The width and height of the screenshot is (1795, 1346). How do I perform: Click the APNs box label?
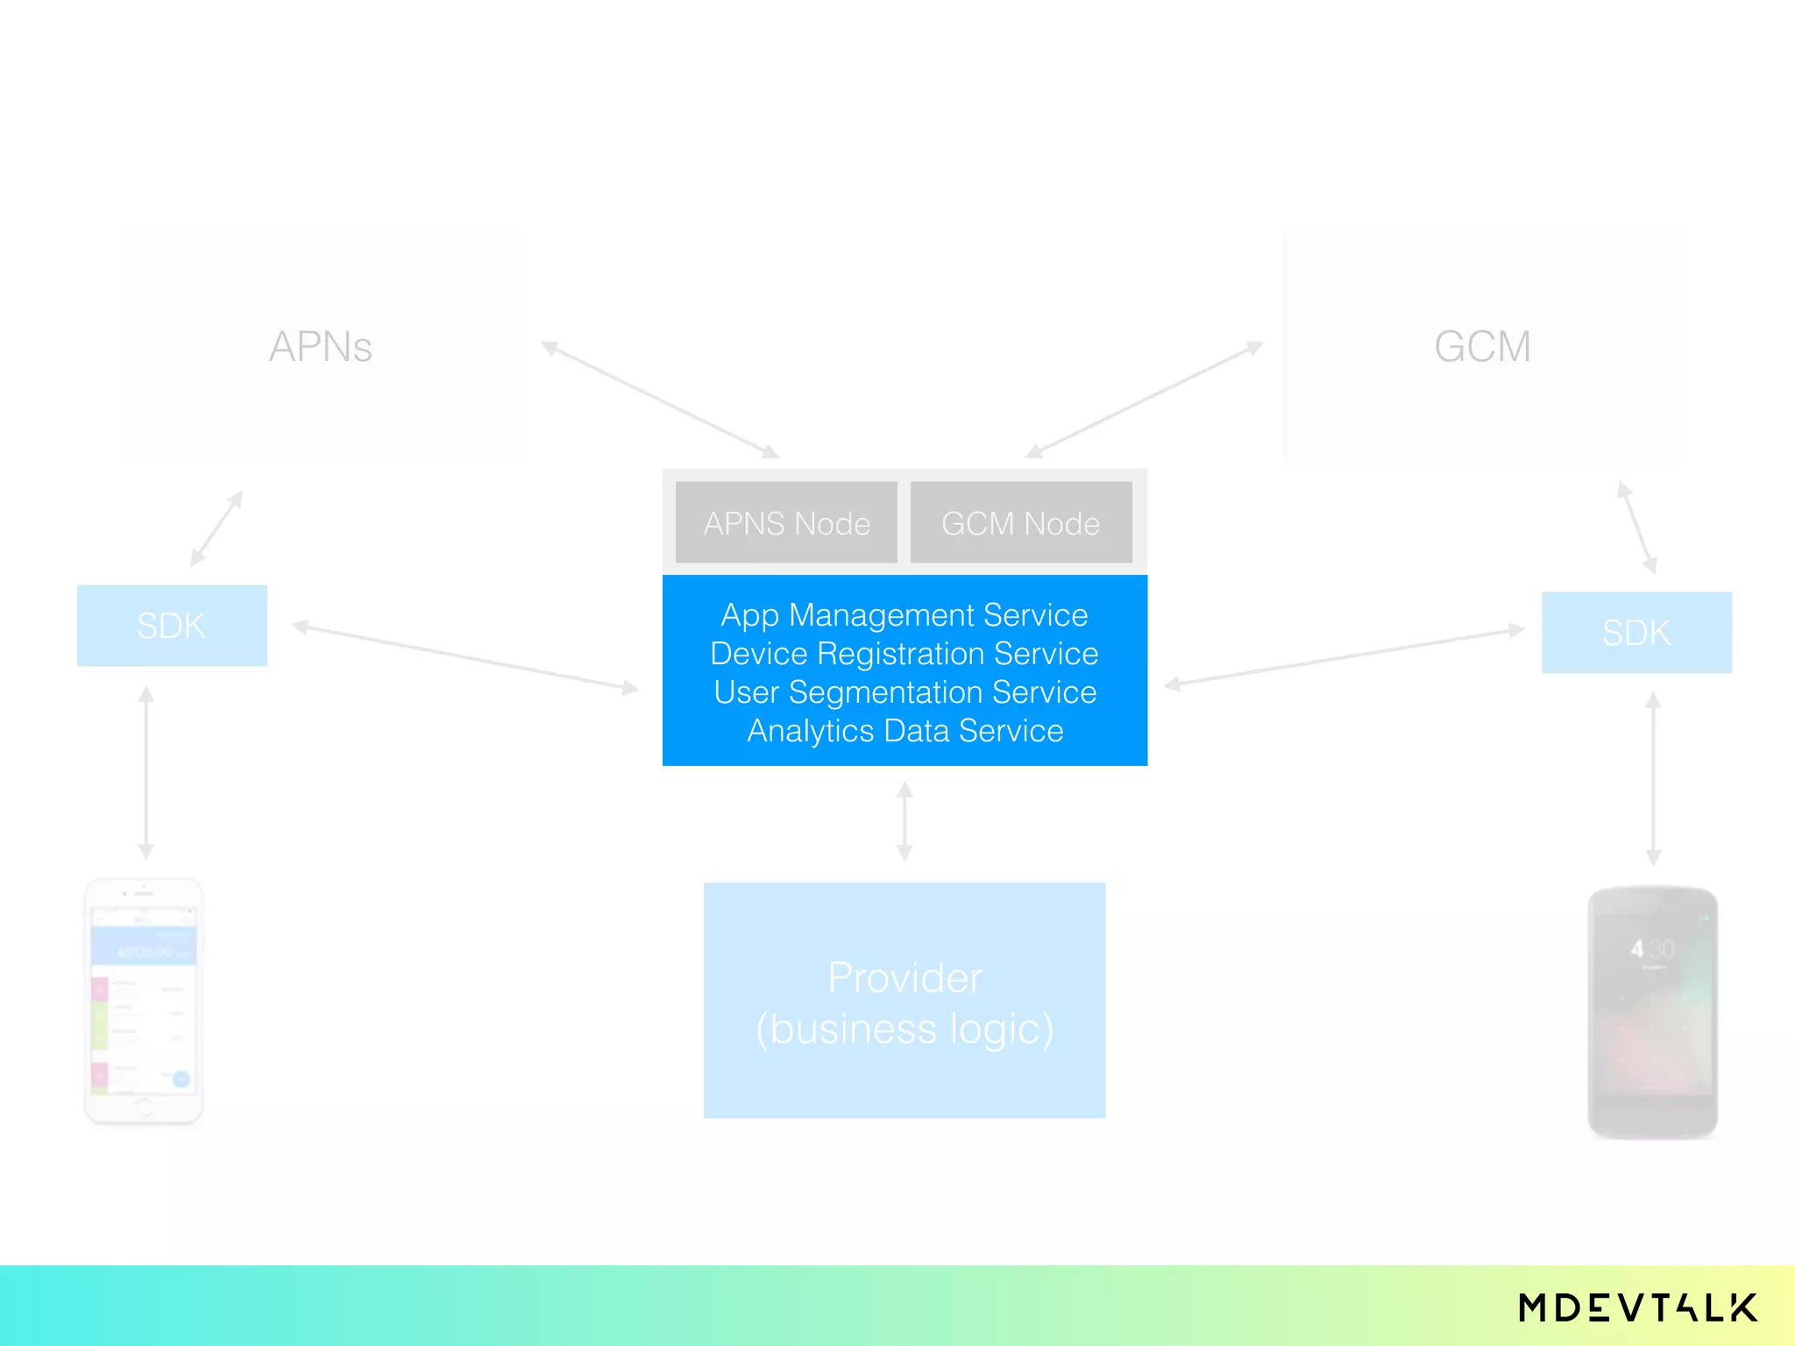click(x=321, y=347)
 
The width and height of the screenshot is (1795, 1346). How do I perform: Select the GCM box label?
click(x=1482, y=347)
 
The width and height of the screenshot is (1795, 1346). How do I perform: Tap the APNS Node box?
click(x=786, y=523)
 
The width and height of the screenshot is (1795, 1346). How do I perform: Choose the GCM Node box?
click(x=1020, y=523)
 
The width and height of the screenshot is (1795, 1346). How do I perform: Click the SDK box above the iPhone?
click(x=172, y=626)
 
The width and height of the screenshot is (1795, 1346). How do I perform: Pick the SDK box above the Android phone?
click(x=1636, y=633)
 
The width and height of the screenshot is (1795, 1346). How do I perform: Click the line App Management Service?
click(x=904, y=615)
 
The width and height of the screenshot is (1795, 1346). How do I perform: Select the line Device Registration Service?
click(x=904, y=654)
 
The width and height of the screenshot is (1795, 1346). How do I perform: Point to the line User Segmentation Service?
click(x=904, y=692)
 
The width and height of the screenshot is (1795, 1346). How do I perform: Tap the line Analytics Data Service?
click(x=904, y=731)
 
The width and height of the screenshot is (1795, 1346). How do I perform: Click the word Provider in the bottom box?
click(x=904, y=978)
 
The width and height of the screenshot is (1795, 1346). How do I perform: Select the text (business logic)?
click(x=904, y=1029)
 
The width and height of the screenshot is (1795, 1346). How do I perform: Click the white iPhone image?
click(x=144, y=1001)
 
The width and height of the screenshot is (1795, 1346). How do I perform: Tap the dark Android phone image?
click(x=1652, y=1012)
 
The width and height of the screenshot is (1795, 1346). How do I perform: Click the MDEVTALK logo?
click(x=1637, y=1307)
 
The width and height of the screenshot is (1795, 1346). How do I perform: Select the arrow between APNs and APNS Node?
click(x=660, y=400)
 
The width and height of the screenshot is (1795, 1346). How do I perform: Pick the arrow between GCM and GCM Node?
click(x=1144, y=400)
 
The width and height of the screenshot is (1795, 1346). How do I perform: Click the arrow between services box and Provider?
click(x=905, y=821)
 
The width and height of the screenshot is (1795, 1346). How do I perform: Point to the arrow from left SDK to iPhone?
click(x=146, y=773)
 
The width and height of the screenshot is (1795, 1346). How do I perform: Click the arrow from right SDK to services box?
click(x=1344, y=657)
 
